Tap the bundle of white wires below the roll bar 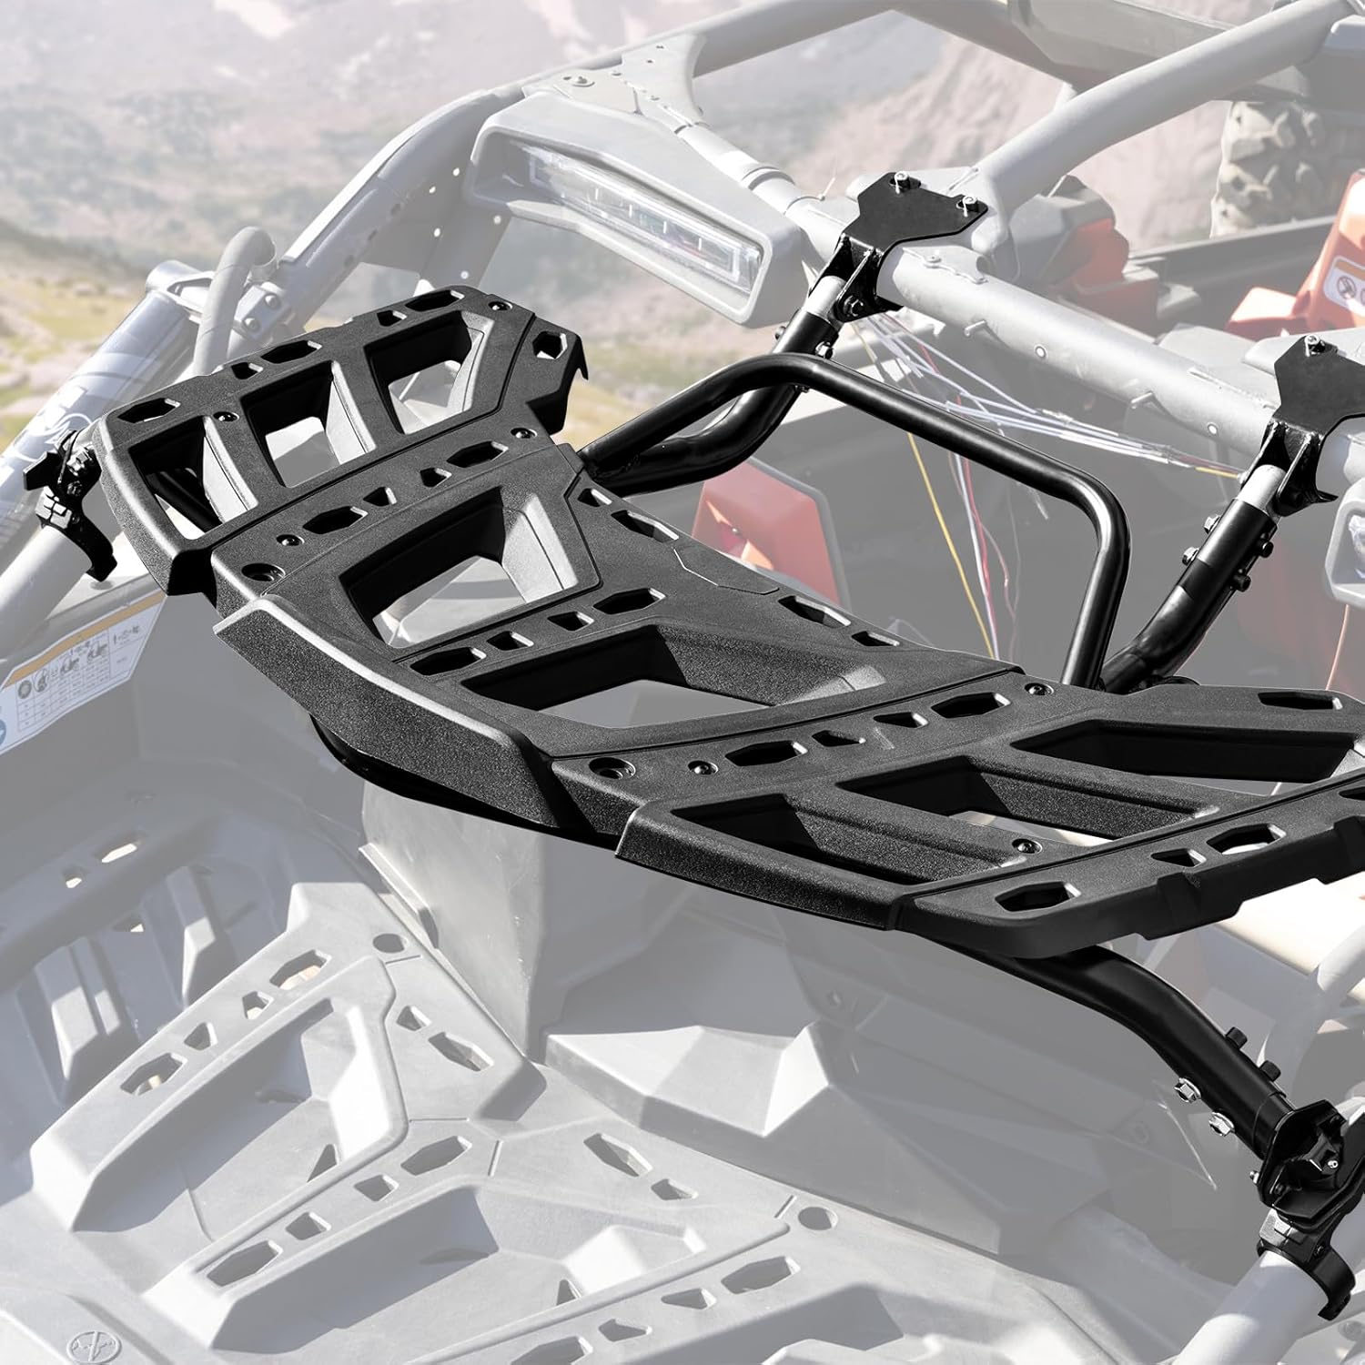click(x=983, y=400)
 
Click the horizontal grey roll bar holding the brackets click(x=1046, y=300)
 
